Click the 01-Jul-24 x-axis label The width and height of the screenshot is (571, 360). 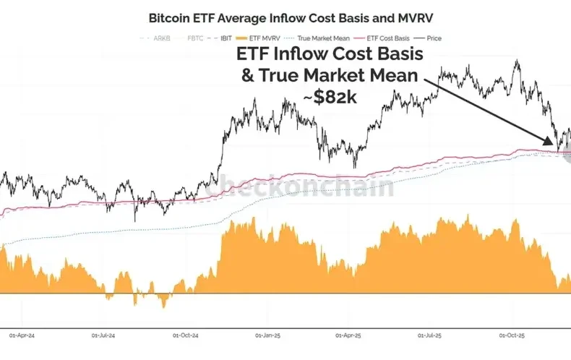coord(106,335)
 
